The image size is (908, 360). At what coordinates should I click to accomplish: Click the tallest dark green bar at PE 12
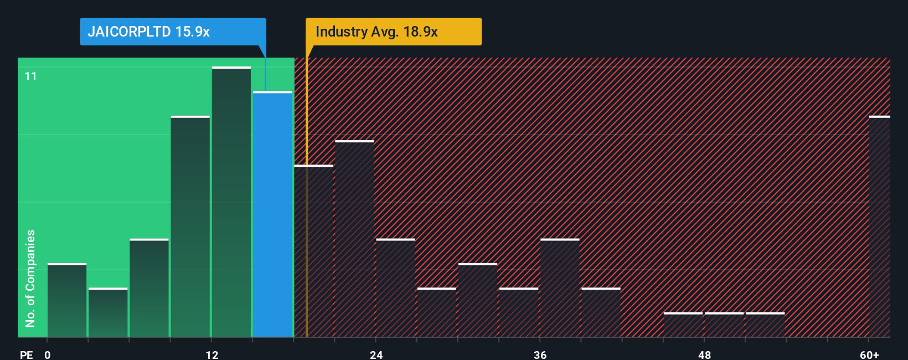pos(231,202)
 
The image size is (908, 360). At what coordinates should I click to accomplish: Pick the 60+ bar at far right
pos(879,227)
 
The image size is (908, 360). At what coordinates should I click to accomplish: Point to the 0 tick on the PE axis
pos(48,354)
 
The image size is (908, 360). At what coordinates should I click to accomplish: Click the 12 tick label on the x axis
pos(212,354)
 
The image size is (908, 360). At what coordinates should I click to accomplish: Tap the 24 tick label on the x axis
pos(376,354)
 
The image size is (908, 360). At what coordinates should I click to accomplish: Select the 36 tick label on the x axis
pos(540,354)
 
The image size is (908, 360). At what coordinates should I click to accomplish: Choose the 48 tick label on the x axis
pos(704,354)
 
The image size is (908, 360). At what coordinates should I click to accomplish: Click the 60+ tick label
pos(869,354)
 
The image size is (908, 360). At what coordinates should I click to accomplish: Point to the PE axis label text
pos(27,354)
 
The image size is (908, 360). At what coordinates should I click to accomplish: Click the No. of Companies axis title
pos(30,278)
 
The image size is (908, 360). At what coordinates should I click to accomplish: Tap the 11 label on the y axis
pos(31,76)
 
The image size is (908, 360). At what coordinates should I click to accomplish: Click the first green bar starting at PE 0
pos(67,300)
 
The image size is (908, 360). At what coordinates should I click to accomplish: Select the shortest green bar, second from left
pos(108,312)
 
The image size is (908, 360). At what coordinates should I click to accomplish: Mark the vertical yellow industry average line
pos(306,222)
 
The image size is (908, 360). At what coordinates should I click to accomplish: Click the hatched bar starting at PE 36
pos(560,288)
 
